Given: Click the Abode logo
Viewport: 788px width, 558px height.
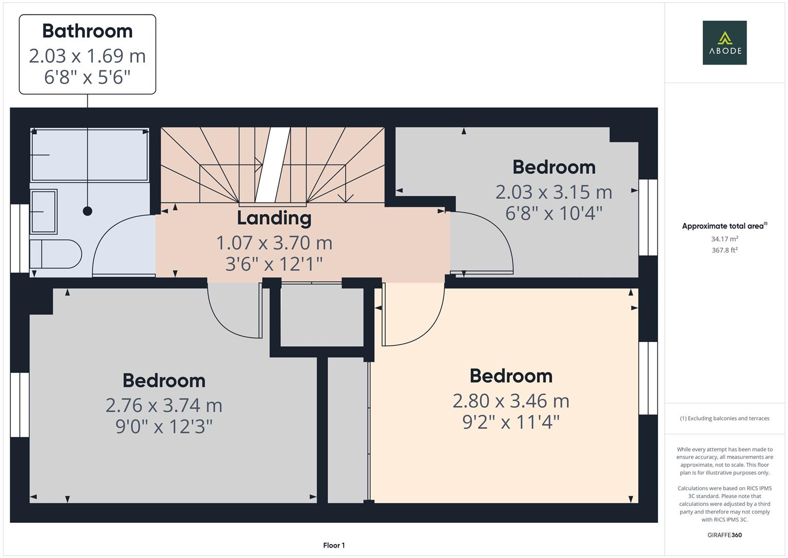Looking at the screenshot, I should [x=724, y=42].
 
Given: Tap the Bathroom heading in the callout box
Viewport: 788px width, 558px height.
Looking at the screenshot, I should [x=87, y=31].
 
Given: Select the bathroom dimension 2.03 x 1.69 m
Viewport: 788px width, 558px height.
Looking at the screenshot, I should [x=87, y=56].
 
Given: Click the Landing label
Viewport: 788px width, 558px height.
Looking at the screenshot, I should [x=274, y=218].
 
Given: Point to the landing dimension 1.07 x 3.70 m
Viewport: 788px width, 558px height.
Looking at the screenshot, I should [x=274, y=243].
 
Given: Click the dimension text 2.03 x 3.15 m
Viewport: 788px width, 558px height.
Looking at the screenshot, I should [x=554, y=192].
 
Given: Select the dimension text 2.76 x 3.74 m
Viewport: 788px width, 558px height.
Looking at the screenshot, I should [x=164, y=406].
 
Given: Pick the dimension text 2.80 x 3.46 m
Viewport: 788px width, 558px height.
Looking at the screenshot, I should [x=511, y=401].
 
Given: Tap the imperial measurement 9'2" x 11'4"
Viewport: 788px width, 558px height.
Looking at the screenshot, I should [x=511, y=423].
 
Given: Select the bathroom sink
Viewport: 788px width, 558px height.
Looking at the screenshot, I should [x=44, y=211].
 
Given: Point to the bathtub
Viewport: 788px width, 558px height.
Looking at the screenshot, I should [x=90, y=154].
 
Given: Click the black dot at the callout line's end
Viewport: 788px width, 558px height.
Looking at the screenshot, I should [x=88, y=211].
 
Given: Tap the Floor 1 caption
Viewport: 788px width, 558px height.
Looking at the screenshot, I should [x=334, y=545].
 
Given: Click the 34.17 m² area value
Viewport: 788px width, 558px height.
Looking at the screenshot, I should [x=724, y=239].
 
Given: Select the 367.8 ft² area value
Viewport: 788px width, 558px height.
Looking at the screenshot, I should [x=724, y=250].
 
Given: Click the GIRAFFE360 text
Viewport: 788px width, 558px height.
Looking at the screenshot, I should [x=724, y=535].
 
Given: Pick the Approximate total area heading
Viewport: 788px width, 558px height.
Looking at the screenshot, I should [x=724, y=226].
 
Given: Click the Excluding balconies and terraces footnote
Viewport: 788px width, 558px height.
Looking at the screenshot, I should [x=724, y=419].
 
